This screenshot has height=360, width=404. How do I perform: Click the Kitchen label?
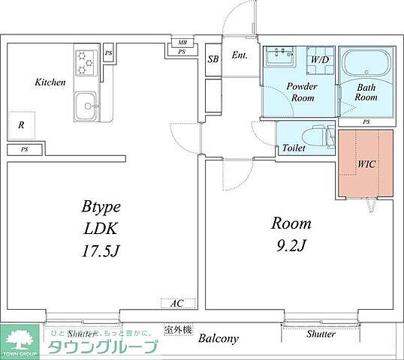(x=50, y=82)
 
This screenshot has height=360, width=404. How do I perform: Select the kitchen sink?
(x=85, y=106)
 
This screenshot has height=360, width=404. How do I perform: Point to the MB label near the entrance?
(x=182, y=43)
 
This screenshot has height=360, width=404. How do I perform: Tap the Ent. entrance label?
(x=240, y=55)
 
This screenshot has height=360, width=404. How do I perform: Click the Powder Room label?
(x=301, y=92)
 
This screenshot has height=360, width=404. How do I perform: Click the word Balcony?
(x=219, y=338)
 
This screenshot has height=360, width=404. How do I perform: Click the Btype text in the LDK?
(x=101, y=208)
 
